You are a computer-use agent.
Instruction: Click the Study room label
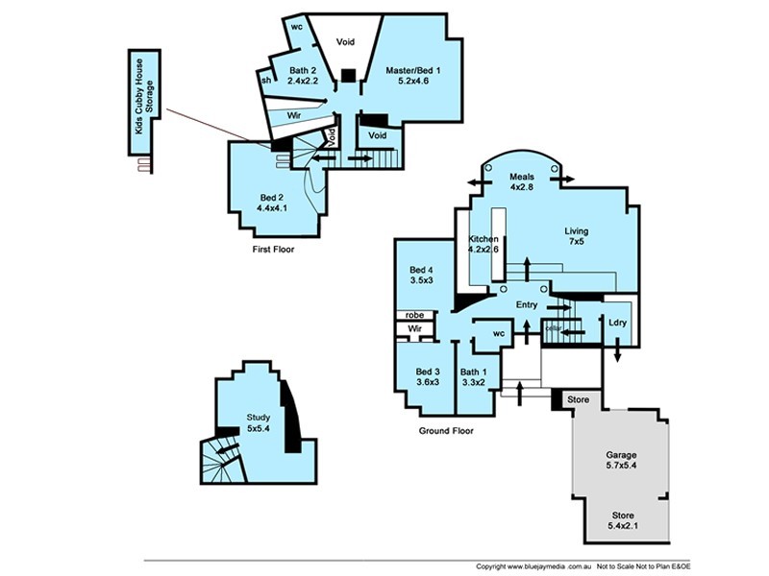[258, 417]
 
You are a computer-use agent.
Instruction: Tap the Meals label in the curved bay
[522, 177]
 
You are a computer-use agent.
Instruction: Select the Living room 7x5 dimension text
[577, 242]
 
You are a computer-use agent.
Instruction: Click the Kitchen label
[484, 238]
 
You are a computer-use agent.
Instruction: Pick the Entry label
[527, 304]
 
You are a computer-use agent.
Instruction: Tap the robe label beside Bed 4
[414, 314]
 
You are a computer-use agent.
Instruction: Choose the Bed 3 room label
[428, 372]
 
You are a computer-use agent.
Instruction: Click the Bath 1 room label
[473, 372]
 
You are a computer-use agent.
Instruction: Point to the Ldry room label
[617, 323]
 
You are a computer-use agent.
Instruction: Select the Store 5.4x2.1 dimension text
[621, 527]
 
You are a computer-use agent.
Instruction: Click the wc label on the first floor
[297, 27]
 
